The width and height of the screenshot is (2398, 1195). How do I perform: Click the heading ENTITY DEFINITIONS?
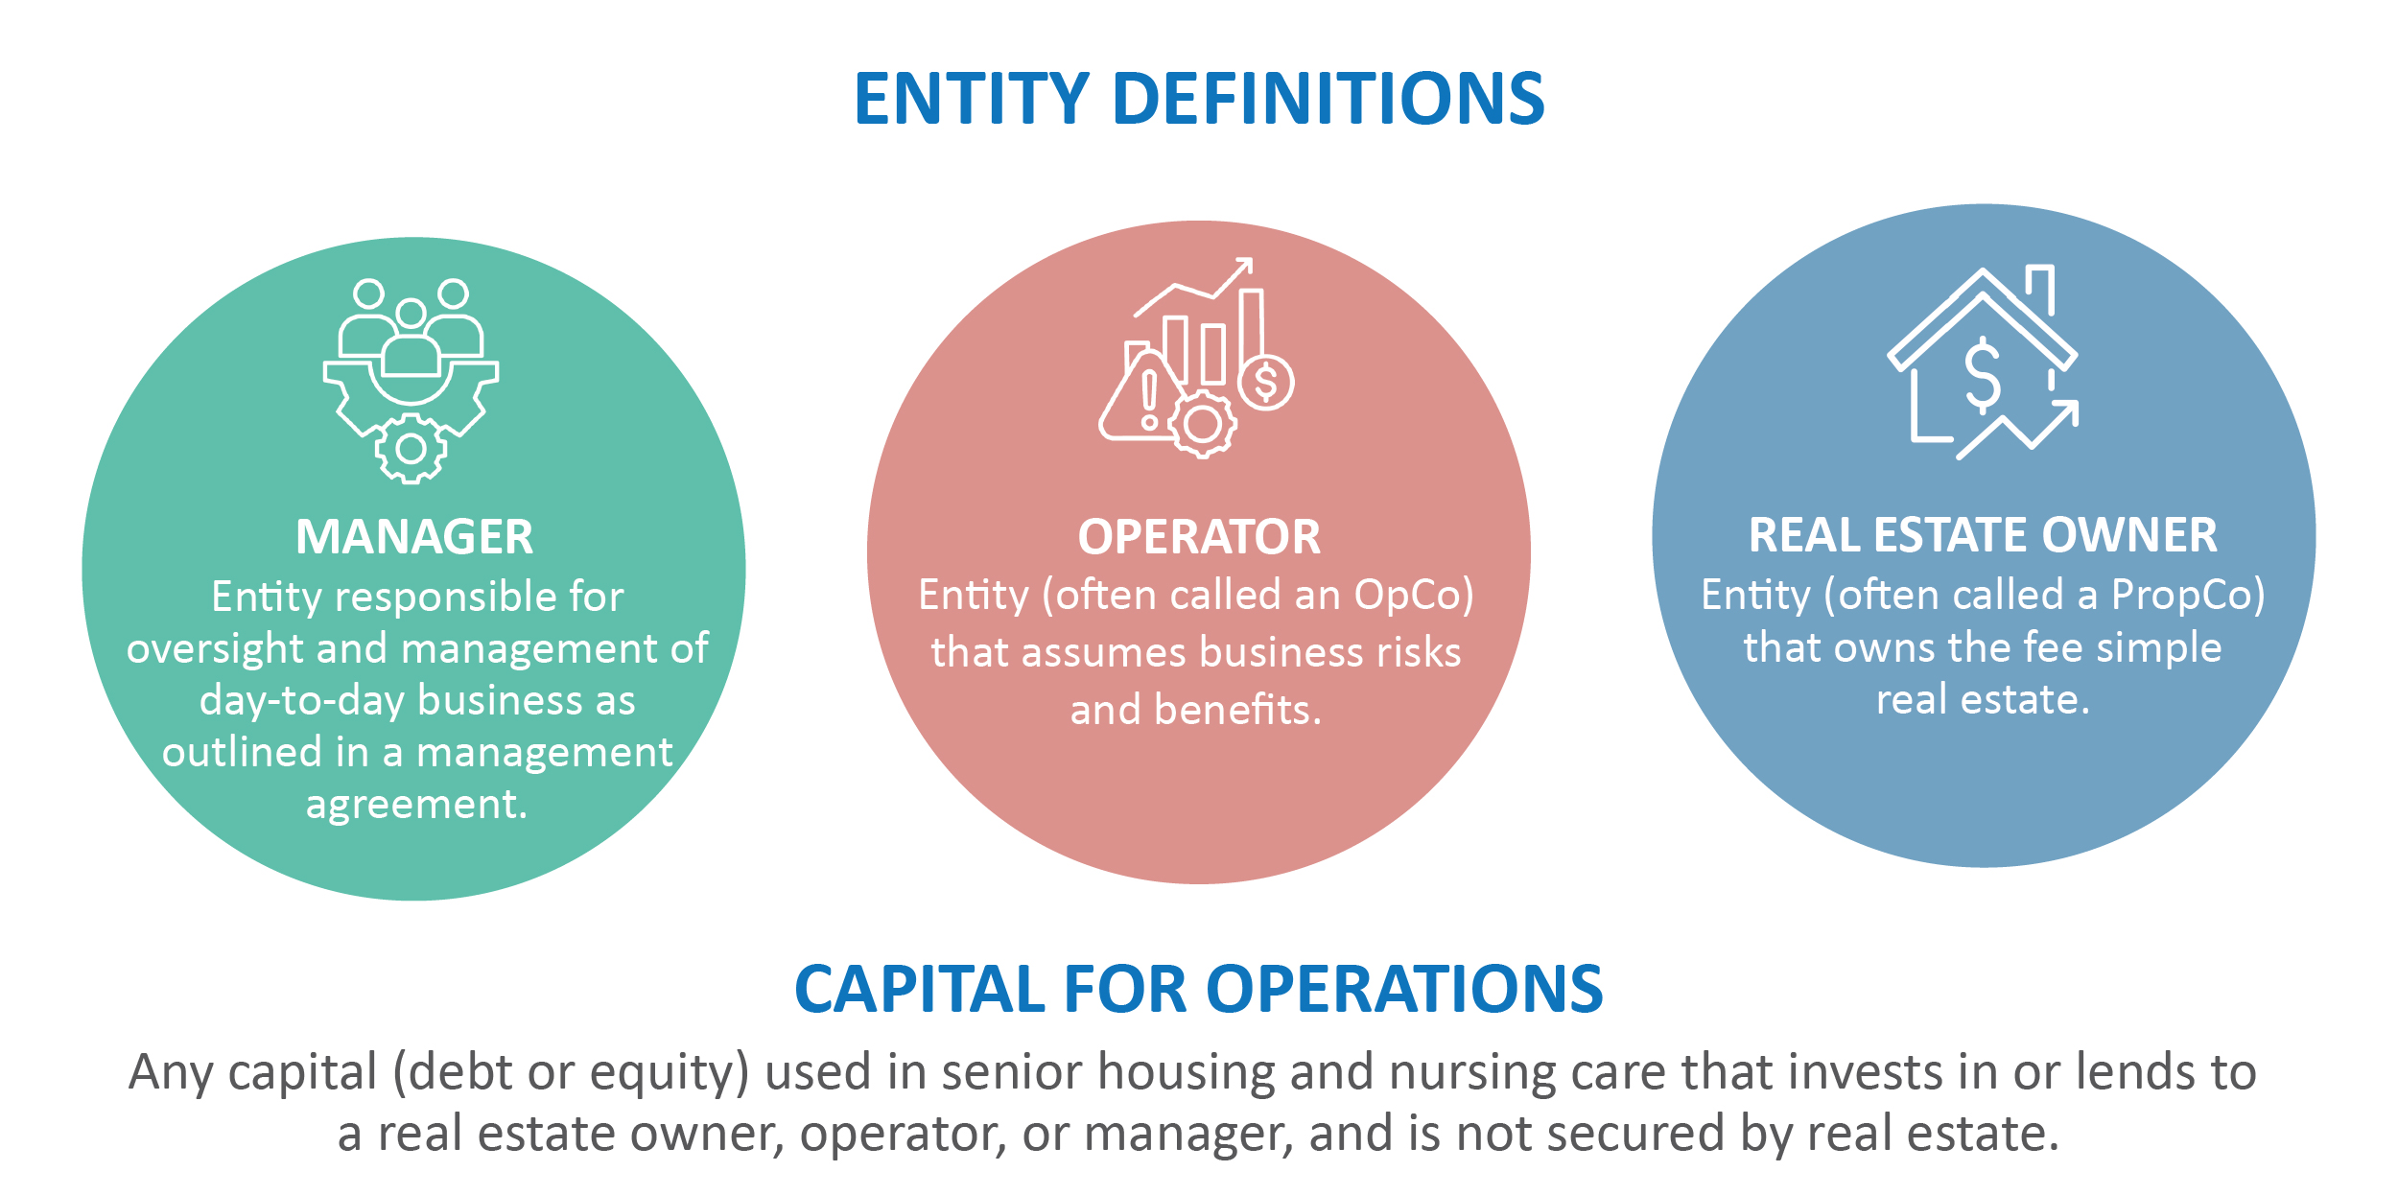(x=1199, y=99)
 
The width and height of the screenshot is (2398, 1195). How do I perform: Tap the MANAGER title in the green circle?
(x=414, y=537)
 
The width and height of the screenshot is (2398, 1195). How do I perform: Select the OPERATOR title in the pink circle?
(x=1199, y=537)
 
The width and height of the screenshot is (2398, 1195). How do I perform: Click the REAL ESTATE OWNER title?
(x=1983, y=535)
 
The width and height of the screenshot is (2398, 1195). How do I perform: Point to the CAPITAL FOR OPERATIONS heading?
(x=1199, y=989)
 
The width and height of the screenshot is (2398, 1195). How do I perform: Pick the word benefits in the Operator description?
(x=1238, y=710)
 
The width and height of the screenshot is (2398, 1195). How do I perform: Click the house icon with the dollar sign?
(x=1984, y=363)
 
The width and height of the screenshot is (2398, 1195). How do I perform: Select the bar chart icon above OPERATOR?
(x=1196, y=359)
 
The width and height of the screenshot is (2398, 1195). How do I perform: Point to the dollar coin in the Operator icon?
(x=1266, y=382)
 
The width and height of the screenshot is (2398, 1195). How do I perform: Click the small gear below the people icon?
(x=411, y=449)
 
